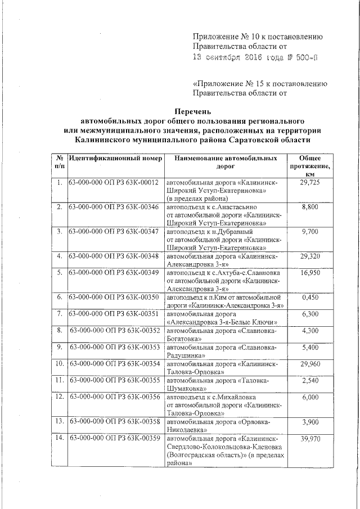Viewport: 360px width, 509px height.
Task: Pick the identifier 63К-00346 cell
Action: (x=115, y=208)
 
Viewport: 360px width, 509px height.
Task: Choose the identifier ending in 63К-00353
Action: (x=116, y=348)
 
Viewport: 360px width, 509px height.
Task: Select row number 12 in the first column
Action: (x=59, y=397)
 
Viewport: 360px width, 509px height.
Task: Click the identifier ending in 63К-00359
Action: (x=116, y=438)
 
